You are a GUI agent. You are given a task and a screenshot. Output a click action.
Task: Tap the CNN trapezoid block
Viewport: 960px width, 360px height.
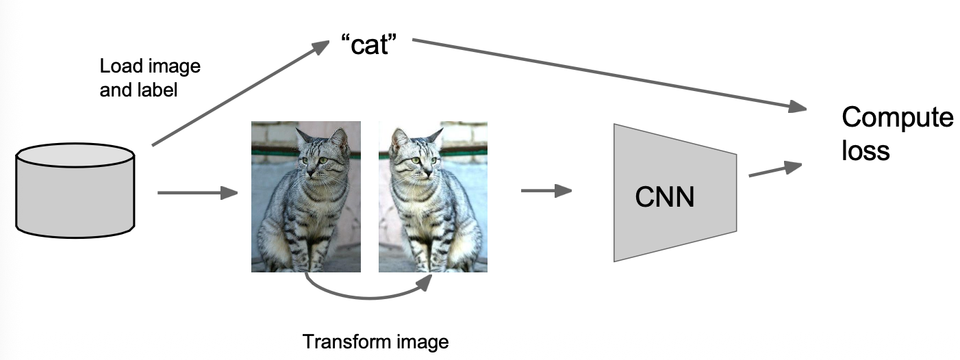[674, 193]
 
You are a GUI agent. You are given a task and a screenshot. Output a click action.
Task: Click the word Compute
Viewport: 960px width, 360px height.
[897, 118]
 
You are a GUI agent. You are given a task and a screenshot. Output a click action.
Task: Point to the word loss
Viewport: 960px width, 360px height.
[865, 150]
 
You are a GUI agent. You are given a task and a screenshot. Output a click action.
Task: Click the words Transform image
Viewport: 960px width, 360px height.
[376, 342]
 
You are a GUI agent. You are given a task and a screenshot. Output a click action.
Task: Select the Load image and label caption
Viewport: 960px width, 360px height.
[150, 78]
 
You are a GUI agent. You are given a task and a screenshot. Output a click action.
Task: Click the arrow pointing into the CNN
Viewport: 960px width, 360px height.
[546, 190]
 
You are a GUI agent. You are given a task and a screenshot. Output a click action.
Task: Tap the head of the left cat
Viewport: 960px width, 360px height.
[318, 153]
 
